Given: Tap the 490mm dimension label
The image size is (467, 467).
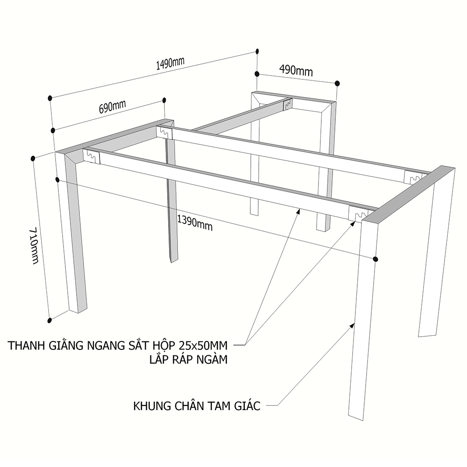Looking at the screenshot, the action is point(296,71).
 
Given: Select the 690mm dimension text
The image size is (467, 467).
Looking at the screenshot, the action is point(112,106).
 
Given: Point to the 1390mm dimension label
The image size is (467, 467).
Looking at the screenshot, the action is point(195,223).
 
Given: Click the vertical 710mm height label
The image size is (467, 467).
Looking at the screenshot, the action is point(35,246).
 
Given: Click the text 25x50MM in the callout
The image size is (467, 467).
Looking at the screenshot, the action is point(204,346).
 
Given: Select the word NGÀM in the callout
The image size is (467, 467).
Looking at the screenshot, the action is point(212,360).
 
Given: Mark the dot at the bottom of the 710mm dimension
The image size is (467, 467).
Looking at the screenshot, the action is point(50,320).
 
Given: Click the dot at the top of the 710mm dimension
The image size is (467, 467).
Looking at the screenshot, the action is point(33,158).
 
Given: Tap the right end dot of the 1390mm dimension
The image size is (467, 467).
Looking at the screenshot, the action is point(375,259).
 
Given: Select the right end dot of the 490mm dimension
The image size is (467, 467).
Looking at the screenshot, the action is point(337,84).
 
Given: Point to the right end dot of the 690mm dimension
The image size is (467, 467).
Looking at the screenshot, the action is point(164,100).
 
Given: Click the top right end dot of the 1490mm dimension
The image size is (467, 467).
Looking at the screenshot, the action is point(257,51).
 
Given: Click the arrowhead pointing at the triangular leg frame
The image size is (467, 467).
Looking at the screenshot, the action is point(353,325).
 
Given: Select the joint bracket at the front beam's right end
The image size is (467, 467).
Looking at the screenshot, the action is point(357,213).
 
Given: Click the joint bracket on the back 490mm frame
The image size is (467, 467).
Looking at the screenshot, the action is point(288,103).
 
